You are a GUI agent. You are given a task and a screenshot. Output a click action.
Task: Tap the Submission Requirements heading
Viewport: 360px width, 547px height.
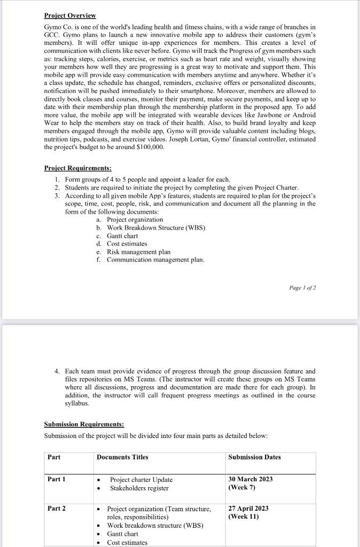84,424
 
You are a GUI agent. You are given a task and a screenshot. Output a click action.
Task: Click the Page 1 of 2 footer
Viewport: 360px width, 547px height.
302,287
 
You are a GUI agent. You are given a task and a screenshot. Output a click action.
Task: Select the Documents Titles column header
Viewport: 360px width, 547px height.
122,457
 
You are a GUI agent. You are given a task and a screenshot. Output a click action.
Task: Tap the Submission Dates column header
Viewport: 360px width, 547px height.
254,457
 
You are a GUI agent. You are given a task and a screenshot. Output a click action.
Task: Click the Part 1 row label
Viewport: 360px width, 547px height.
57,479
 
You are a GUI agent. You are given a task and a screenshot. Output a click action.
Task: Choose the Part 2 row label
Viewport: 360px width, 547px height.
57,509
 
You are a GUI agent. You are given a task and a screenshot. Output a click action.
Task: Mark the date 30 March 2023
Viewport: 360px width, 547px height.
251,479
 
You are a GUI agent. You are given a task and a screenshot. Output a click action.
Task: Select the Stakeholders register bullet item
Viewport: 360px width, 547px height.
139,488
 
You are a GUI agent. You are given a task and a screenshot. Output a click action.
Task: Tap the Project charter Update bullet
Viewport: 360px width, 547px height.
141,480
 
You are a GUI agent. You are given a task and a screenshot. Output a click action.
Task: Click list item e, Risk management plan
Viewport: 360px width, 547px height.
138,252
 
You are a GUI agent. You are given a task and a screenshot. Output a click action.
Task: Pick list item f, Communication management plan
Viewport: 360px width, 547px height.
155,260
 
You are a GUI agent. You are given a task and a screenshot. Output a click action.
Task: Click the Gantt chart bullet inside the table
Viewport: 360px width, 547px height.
122,534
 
